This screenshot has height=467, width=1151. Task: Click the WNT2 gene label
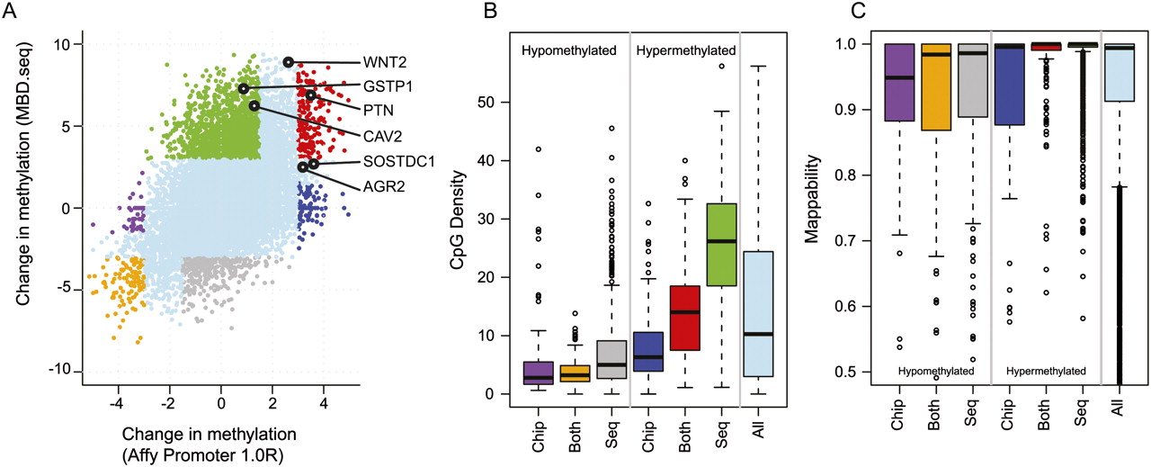coord(382,63)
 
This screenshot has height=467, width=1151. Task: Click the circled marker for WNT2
coord(288,62)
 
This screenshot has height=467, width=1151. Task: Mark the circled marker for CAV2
coord(254,105)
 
